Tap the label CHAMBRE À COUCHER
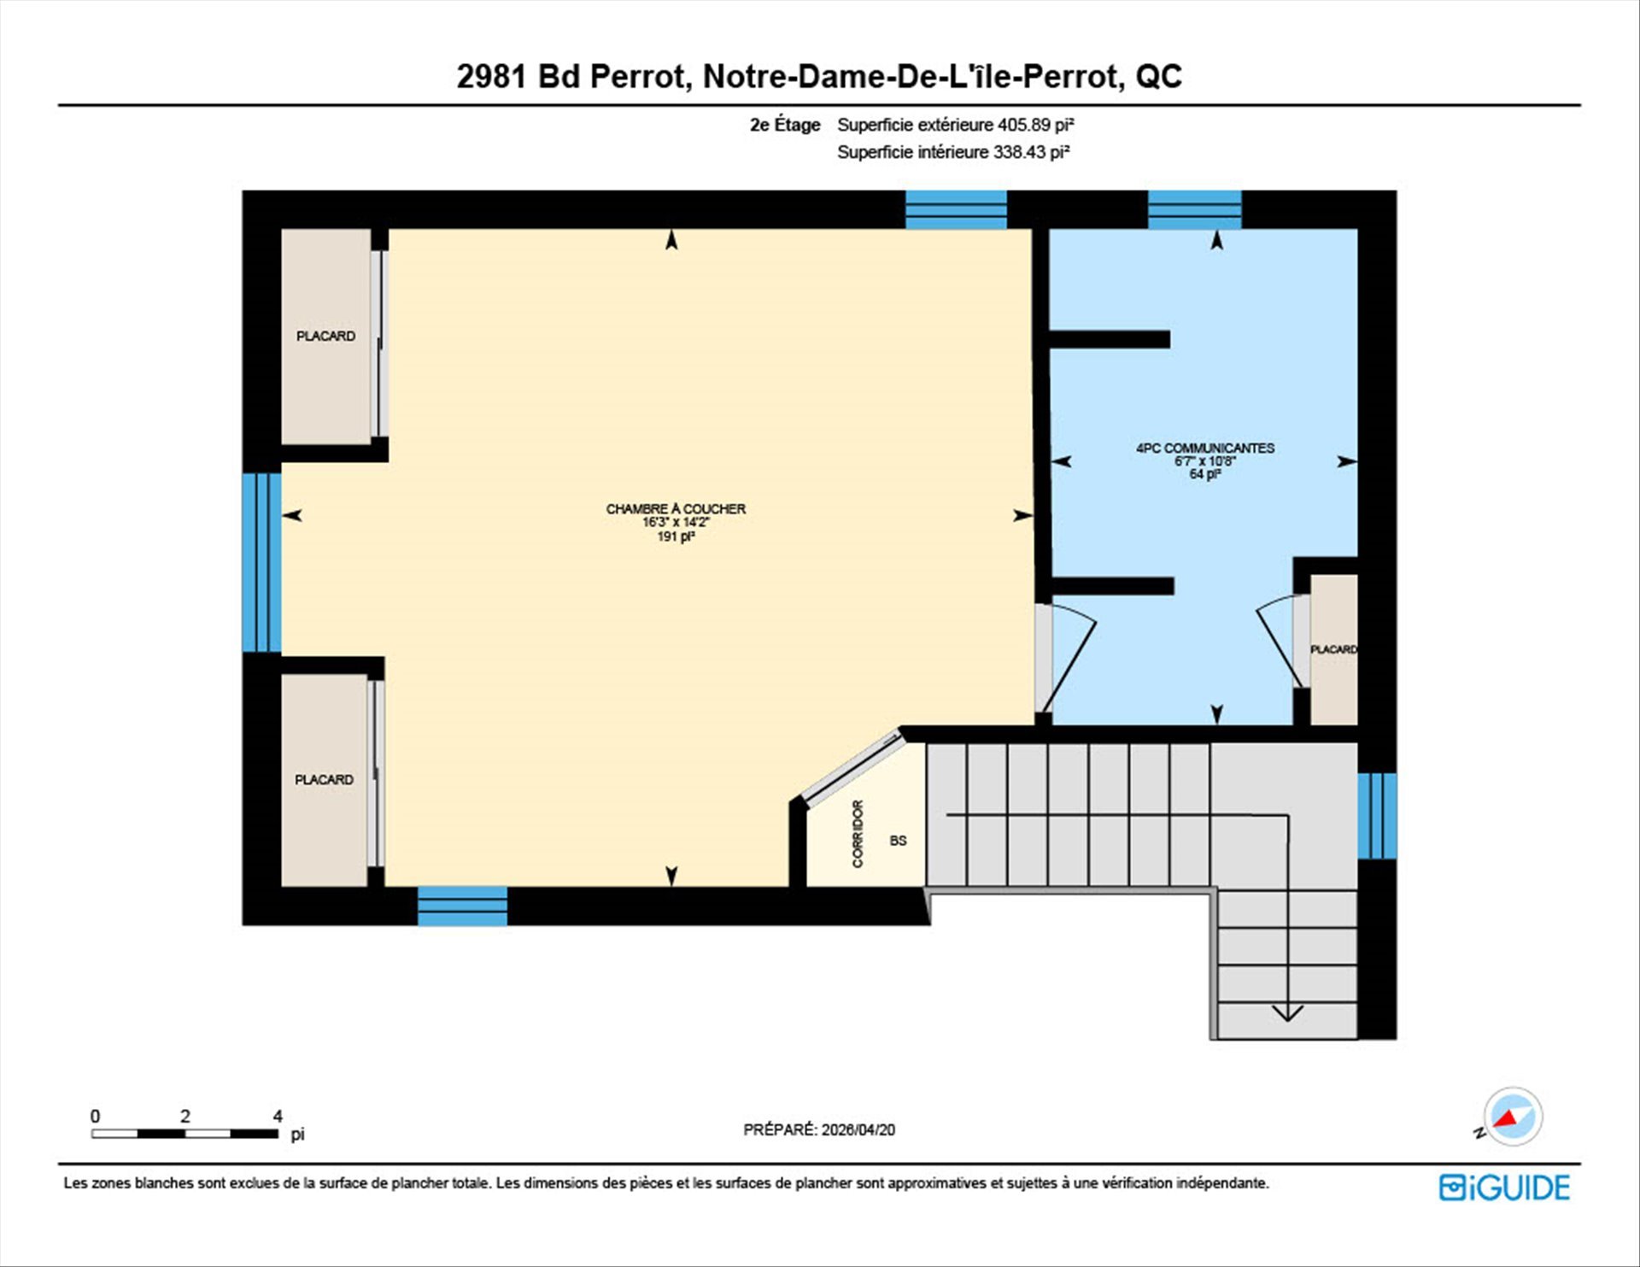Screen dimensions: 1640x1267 point(676,509)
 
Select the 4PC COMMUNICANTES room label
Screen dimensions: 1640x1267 point(1204,448)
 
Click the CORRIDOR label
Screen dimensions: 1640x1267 point(858,834)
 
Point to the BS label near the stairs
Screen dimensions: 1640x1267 point(898,841)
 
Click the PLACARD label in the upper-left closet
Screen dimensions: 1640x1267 point(325,336)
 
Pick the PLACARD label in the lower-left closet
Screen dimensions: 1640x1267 point(324,779)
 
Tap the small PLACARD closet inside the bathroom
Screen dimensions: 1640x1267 point(1333,649)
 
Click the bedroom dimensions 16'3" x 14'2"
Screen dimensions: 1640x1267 point(676,522)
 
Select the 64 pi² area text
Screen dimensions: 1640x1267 point(1204,474)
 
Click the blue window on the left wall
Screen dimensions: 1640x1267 point(261,563)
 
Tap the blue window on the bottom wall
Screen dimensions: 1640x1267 point(462,906)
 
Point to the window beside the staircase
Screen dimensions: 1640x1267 point(1377,816)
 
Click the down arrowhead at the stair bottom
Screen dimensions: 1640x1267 point(1287,1014)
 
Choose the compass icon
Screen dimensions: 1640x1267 point(1513,1116)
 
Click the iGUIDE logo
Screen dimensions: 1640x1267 point(1504,1188)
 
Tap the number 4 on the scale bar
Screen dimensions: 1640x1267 point(278,1116)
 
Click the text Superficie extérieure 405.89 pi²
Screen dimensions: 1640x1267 point(955,125)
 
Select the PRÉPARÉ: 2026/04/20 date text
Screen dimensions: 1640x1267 point(819,1129)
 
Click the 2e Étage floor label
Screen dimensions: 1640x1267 point(785,125)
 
